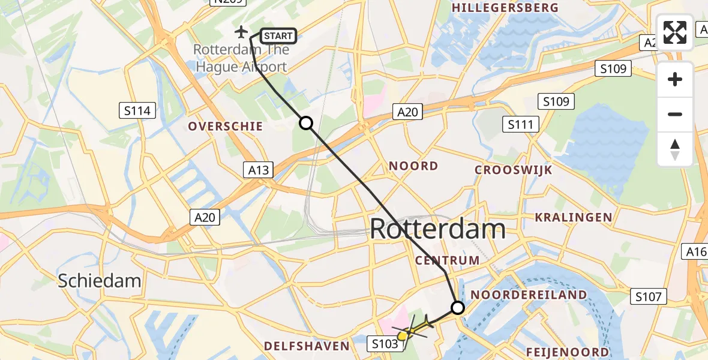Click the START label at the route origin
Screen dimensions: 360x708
(x=278, y=37)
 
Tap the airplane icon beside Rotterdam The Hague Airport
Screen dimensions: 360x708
(x=241, y=31)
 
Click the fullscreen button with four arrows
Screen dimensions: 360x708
(x=675, y=32)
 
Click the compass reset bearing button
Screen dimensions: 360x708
(x=675, y=149)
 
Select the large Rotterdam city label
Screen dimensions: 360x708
(x=437, y=229)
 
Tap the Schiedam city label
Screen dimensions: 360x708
(x=100, y=280)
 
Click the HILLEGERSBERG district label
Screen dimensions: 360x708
(x=505, y=8)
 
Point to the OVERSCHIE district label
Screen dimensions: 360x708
(x=226, y=126)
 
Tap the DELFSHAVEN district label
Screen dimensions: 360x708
(x=307, y=346)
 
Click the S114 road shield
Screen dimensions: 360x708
(x=137, y=110)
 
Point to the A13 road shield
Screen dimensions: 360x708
(x=259, y=170)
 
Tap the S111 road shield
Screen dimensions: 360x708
(x=520, y=124)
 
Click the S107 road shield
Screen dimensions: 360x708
(x=649, y=296)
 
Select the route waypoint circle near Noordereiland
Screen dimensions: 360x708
(x=458, y=308)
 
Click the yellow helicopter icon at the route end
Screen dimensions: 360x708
(x=413, y=328)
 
